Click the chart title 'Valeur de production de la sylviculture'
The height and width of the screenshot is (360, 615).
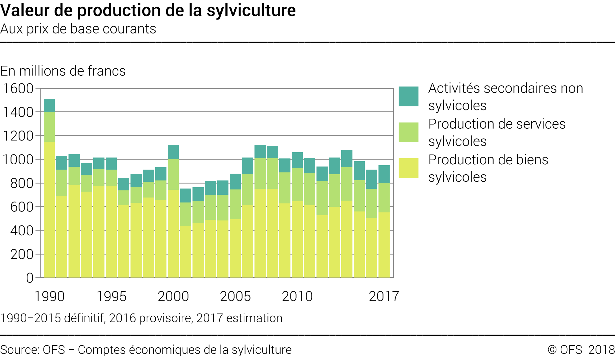tap(148, 10)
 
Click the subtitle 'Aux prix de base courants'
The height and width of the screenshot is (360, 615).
tap(78, 29)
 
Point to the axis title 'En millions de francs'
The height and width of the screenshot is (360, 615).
tap(63, 71)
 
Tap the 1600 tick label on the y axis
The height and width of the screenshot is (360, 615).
tap(18, 89)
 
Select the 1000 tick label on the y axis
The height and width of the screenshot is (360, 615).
tap(18, 160)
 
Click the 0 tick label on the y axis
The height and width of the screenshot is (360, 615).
tap(29, 278)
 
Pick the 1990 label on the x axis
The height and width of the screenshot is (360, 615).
tap(49, 296)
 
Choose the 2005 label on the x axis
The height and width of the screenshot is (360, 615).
tap(235, 296)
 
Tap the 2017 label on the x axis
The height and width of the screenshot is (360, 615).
tap(384, 296)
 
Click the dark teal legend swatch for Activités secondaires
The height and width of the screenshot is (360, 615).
tap(408, 96)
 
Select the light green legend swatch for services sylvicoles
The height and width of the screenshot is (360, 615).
tap(408, 132)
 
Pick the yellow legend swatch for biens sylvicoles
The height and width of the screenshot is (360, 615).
tap(408, 168)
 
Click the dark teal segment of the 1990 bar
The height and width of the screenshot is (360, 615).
tap(49, 105)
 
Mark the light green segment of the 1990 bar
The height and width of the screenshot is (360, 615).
tap(49, 127)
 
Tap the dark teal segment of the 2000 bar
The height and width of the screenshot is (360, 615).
tap(173, 152)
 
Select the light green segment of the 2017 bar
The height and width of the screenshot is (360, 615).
tap(384, 198)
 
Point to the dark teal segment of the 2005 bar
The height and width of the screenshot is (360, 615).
tap(235, 181)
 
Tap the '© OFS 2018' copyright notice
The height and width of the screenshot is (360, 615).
tap(581, 350)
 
